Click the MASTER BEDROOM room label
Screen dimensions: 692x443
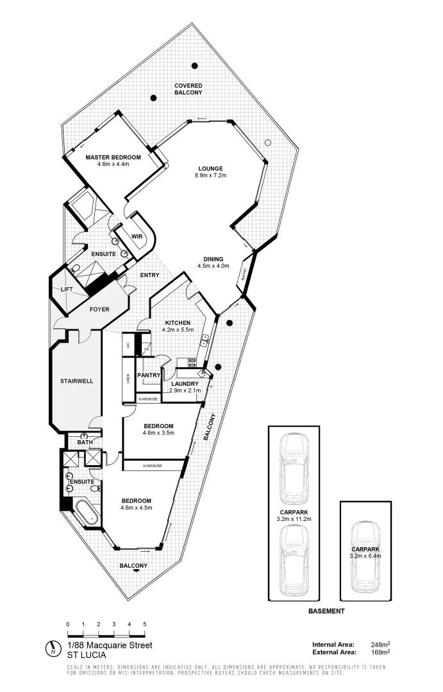tap(113, 157)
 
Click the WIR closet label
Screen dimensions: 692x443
tap(137, 236)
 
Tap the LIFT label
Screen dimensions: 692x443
tap(66, 290)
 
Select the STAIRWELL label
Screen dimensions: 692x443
tap(77, 381)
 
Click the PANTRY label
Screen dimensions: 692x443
tap(148, 375)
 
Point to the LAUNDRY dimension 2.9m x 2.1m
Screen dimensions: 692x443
tap(185, 390)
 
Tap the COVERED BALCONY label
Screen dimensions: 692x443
tap(188, 89)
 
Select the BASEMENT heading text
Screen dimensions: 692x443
tap(326, 611)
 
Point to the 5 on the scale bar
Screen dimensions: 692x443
tap(145, 624)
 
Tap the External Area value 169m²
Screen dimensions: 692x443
tap(381, 652)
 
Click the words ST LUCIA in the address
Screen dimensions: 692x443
tap(87, 655)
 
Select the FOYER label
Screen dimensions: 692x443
tap(99, 309)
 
